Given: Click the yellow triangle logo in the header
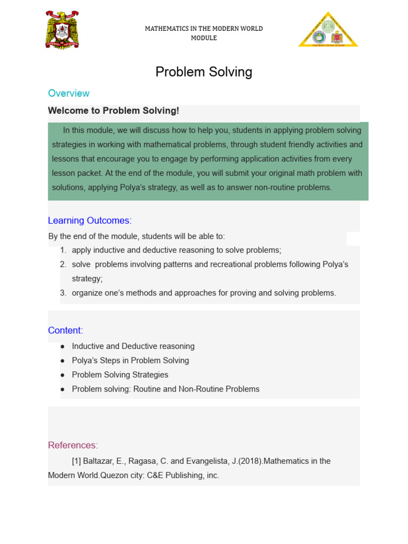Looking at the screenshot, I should pos(328,30).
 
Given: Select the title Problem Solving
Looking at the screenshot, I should pos(203,72).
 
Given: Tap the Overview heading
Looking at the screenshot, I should pos(69,93).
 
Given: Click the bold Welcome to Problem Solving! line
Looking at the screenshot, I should pos(113,110).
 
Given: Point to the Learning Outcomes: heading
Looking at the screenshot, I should pos(89,220).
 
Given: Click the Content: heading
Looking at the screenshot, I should pos(65,330).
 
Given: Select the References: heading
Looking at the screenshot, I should pos(73,445).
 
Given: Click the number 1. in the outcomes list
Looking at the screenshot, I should pos(63,250).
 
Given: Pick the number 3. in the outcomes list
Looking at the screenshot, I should pos(63,293).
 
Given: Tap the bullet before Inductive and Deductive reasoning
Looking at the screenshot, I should pos(63,346).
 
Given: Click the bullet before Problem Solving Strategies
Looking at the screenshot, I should pos(63,375).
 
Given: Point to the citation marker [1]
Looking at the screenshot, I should pos(76,461).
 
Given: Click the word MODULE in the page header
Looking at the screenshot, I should pos(203,38).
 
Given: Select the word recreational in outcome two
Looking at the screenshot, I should pos(224,265).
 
